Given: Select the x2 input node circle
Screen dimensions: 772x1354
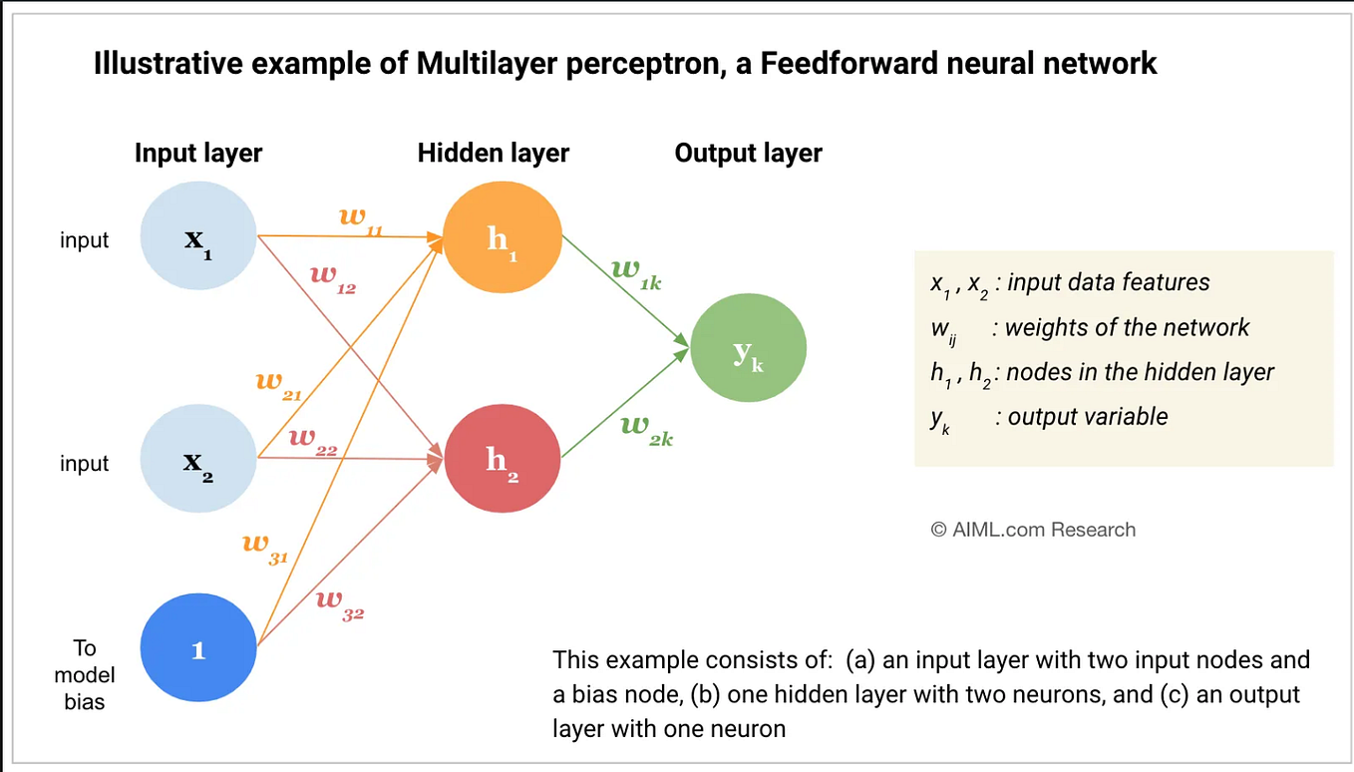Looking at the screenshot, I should point(198,460).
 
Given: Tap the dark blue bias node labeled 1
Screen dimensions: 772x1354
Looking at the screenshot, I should point(198,649).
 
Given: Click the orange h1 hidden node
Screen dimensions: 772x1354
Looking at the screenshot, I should point(501,238).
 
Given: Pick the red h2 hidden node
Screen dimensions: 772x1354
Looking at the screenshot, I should point(502,460).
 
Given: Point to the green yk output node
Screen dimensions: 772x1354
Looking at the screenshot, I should point(748,349).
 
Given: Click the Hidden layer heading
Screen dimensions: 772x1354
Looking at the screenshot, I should point(494,154).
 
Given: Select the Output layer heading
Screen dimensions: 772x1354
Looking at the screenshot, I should point(748,154).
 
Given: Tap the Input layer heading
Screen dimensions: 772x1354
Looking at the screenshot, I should point(198,154).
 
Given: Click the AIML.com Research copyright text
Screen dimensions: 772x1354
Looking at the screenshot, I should point(1033,530).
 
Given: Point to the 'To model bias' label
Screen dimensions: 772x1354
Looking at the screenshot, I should point(85,675).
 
